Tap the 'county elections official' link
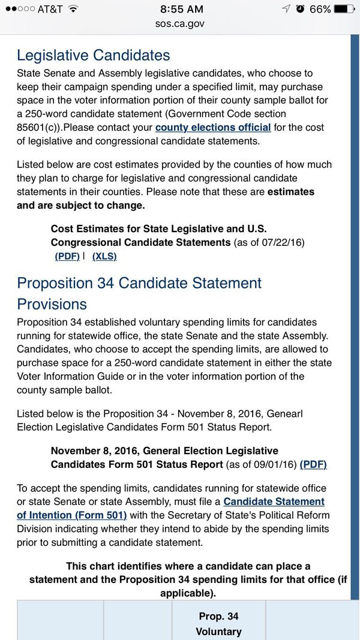(x=213, y=127)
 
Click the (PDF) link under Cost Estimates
(x=67, y=256)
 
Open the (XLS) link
(x=104, y=256)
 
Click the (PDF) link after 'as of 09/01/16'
(x=313, y=464)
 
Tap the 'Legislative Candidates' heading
(x=94, y=55)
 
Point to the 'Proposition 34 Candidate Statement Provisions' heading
(x=139, y=293)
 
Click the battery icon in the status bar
(x=344, y=9)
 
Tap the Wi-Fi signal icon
(x=73, y=9)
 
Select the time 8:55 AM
(x=182, y=9)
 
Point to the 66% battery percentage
(x=320, y=9)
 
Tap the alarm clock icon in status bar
(x=300, y=9)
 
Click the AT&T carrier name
(x=50, y=9)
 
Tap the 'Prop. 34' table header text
(x=218, y=616)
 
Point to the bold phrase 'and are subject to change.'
(x=81, y=205)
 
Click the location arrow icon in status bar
(x=286, y=9)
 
